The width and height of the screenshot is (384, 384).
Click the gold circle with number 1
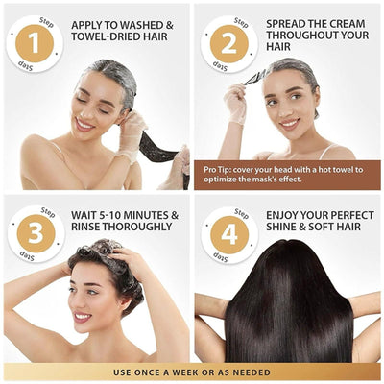pyautogui.click(x=35, y=43)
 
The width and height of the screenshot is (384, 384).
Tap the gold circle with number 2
pyautogui.click(x=229, y=44)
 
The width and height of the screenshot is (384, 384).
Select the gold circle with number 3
pyautogui.click(x=36, y=233)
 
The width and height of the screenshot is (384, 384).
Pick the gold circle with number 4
pyautogui.click(x=229, y=235)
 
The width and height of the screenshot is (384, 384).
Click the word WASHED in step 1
pyautogui.click(x=139, y=25)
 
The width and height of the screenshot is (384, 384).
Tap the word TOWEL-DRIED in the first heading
pyautogui.click(x=105, y=36)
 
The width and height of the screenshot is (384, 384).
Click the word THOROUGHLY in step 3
pyautogui.click(x=137, y=227)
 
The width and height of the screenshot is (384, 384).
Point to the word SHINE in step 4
pyautogui.click(x=283, y=227)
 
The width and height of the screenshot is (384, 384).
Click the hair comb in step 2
pyautogui.click(x=255, y=79)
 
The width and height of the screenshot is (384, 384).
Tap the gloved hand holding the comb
pyautogui.click(x=235, y=103)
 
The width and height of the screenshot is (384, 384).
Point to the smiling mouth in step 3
pyautogui.click(x=83, y=317)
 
